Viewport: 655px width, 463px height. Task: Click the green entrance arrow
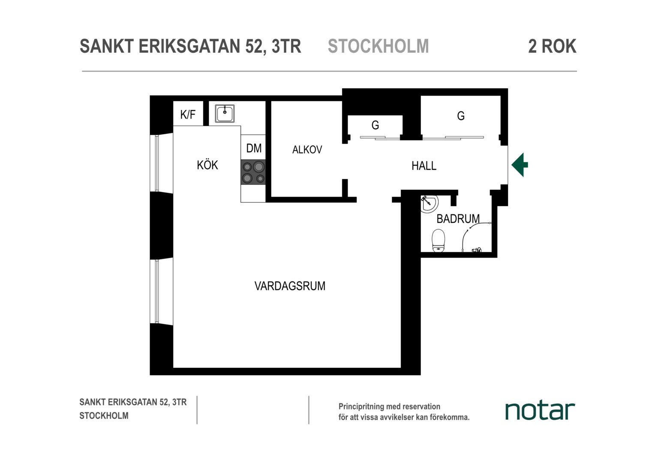520,165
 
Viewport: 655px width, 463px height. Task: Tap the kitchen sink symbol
225,114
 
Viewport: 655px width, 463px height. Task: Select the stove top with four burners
253,172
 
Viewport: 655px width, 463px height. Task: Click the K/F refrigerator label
188,114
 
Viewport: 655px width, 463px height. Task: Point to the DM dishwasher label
254,148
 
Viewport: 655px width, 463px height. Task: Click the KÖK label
207,165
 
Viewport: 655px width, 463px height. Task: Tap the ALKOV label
307,150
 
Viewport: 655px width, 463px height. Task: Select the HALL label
424,166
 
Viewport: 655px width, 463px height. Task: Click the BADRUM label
458,219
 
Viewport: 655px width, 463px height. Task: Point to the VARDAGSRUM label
290,286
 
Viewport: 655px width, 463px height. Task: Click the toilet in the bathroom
439,241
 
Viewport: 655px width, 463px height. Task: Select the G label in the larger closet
461,116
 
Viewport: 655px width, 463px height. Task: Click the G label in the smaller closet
375,125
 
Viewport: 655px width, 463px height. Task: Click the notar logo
540,411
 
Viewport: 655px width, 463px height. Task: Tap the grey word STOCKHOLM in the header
379,46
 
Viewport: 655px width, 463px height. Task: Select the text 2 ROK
553,46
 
